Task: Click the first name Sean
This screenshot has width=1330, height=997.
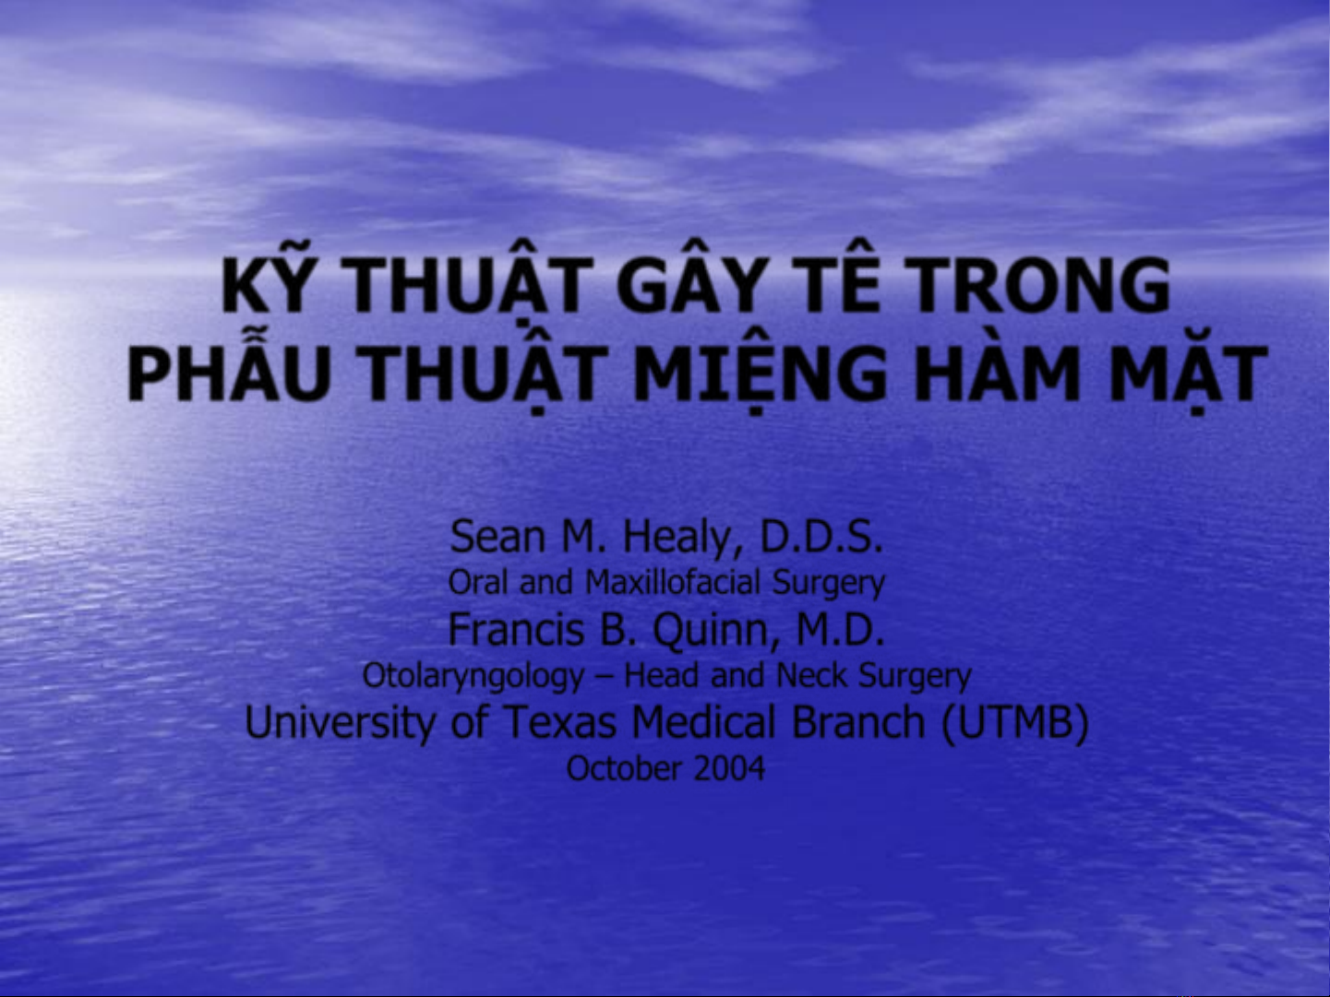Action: [499, 538]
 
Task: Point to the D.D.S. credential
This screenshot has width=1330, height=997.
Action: [820, 537]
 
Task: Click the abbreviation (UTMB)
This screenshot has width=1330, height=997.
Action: [1015, 723]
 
